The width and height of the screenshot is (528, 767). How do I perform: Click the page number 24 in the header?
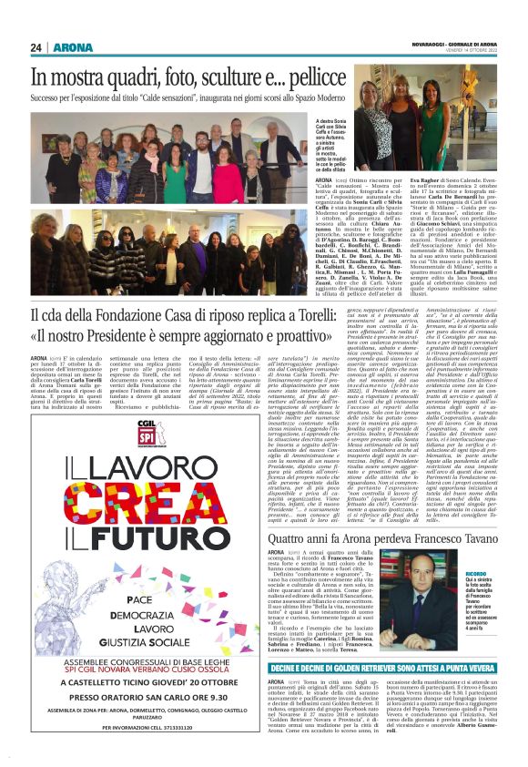pos(36,46)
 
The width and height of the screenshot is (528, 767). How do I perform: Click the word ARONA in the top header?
pos(71,46)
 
